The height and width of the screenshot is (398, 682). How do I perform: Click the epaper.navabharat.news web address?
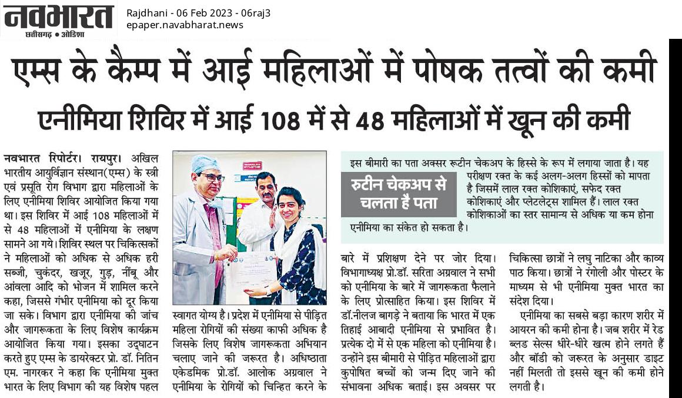[185, 25]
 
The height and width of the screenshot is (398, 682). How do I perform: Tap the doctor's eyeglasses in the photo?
[212, 177]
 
